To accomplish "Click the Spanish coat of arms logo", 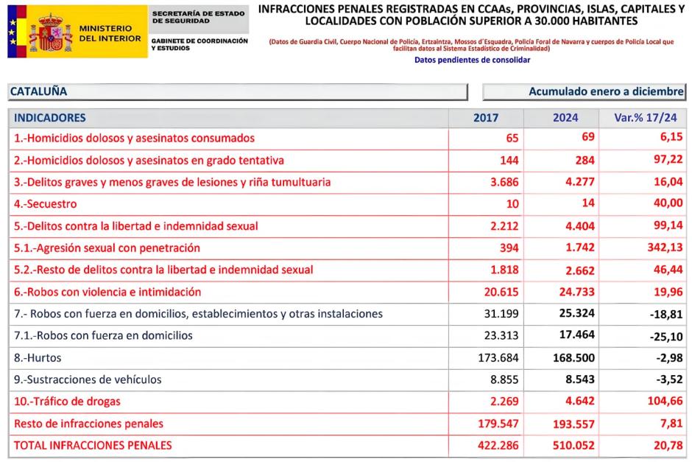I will (x=50, y=32).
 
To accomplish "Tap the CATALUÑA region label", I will (x=38, y=92).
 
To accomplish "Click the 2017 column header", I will (x=486, y=118).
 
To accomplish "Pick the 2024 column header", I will (x=565, y=118).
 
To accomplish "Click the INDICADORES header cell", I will (x=50, y=118).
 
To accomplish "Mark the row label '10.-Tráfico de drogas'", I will (x=67, y=402).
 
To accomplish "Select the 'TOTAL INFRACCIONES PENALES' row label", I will (x=93, y=445).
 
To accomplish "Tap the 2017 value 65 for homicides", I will (x=512, y=139).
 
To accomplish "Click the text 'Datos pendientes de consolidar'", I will (x=472, y=60).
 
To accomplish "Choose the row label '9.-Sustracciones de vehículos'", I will (x=88, y=379).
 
